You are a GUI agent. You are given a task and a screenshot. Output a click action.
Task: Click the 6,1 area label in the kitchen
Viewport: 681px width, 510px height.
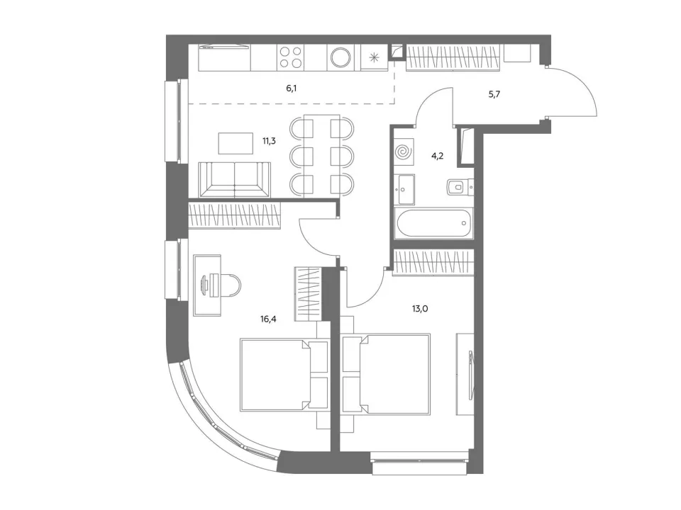pyautogui.click(x=292, y=89)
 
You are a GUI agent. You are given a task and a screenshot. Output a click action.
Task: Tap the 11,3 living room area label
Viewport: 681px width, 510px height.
pyautogui.click(x=269, y=141)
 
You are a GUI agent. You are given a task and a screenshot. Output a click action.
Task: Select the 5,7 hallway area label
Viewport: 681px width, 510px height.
pyautogui.click(x=494, y=94)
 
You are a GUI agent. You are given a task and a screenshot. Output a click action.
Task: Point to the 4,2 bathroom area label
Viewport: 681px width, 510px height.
pyautogui.click(x=438, y=156)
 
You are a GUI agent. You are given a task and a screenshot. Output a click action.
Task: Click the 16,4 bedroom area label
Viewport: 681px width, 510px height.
pyautogui.click(x=268, y=319)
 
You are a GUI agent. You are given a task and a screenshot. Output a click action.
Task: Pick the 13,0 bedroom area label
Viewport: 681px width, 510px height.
pyautogui.click(x=420, y=309)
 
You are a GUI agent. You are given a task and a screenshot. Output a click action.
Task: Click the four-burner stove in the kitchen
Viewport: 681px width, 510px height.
pyautogui.click(x=291, y=57)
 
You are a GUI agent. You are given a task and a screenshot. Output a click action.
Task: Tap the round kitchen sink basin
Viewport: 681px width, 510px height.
pyautogui.click(x=342, y=57)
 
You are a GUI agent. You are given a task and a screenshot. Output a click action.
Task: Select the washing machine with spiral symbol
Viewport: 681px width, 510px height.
pyautogui.click(x=404, y=152)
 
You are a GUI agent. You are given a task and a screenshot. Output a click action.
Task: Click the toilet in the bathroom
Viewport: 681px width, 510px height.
pyautogui.click(x=460, y=186)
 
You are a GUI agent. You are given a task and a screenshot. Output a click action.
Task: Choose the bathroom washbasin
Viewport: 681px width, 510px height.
pyautogui.click(x=405, y=189)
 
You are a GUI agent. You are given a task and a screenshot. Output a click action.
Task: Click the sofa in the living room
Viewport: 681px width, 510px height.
pyautogui.click(x=235, y=179)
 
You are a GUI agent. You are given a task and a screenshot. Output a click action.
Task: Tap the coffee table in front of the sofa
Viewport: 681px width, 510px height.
pyautogui.click(x=236, y=143)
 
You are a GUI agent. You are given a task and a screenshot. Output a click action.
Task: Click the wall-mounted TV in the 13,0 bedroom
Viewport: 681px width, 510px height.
pyautogui.click(x=470, y=374)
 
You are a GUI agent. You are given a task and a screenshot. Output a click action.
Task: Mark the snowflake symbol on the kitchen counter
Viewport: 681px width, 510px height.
pyautogui.click(x=374, y=57)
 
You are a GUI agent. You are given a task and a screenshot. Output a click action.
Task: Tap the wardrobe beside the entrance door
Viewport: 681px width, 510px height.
pyautogui.click(x=452, y=57)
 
